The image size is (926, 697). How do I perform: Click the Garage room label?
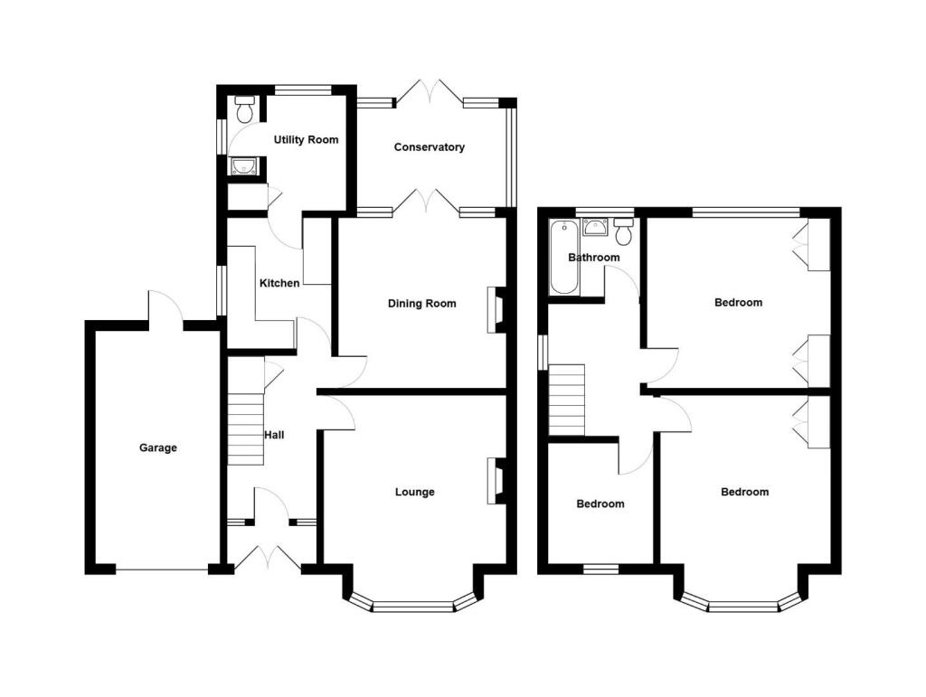(157, 447)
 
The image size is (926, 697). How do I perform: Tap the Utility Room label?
(306, 140)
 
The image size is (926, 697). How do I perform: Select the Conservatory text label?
(429, 147)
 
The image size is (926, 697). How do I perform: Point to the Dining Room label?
(421, 304)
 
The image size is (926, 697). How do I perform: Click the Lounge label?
(414, 492)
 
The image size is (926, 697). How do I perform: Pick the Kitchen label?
(279, 284)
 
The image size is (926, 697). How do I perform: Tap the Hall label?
(274, 435)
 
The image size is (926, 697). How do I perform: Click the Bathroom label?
(593, 258)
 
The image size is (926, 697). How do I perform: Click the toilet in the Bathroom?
(623, 232)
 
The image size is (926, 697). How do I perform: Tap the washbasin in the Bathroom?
(595, 226)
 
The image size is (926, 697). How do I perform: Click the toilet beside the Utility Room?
(243, 110)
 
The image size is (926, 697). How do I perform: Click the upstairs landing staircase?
(567, 400)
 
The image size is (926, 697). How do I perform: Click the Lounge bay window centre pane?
(412, 607)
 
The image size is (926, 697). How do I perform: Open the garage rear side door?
(165, 307)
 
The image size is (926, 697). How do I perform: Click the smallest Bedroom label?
(600, 504)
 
